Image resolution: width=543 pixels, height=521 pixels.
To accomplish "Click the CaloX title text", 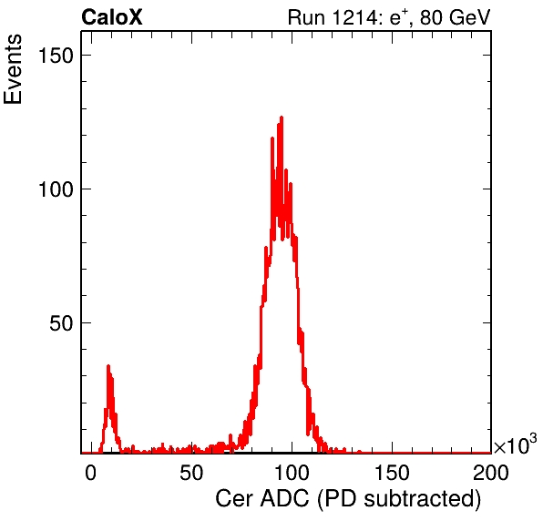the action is tap(112, 17).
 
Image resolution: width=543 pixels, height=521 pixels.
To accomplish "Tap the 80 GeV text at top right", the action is tap(455, 17).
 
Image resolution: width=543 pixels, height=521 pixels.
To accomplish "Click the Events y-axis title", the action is tap(13, 69).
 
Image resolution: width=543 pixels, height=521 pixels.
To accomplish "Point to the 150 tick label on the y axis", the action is tap(56, 55).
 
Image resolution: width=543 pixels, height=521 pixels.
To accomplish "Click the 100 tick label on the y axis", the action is tap(56, 189).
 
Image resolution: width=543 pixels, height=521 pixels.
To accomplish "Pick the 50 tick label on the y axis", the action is tap(62, 323).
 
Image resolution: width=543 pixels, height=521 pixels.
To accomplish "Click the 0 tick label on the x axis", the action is tap(91, 472).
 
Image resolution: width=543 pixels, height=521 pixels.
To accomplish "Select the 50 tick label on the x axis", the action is tap(191, 472).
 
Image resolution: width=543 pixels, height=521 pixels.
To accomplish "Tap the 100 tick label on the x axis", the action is tap(292, 472).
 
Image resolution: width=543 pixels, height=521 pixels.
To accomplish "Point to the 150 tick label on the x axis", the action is tap(392, 472).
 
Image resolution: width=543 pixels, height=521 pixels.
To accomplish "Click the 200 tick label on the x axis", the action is tap(491, 472).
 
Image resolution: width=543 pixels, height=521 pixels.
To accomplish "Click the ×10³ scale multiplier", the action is tap(516, 444).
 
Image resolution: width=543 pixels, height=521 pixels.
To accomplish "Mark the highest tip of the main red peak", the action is tap(282, 117).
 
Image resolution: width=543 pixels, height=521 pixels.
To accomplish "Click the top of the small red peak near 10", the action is tap(108, 366).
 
